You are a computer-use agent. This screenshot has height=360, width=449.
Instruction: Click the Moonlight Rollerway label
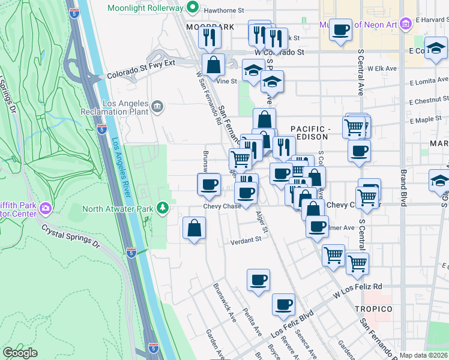pos(145,8)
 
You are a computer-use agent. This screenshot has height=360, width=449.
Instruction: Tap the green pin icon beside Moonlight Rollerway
pos(192,8)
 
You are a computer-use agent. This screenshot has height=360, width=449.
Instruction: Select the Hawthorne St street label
pos(224,11)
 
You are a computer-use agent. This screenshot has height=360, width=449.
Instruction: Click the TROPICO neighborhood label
pos(373,308)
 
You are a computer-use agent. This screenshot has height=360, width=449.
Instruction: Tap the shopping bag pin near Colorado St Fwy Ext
pos(213,64)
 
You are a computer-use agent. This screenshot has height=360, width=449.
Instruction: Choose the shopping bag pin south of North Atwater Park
pos(194,228)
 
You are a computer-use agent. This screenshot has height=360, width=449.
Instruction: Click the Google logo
pos(20,353)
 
